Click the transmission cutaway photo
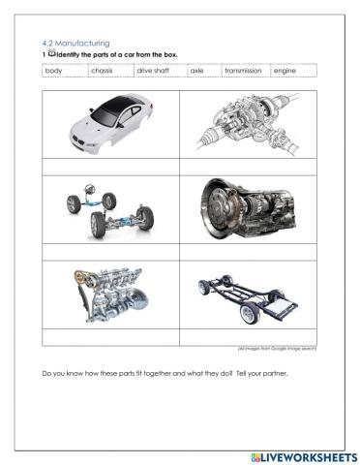pos(249,208)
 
